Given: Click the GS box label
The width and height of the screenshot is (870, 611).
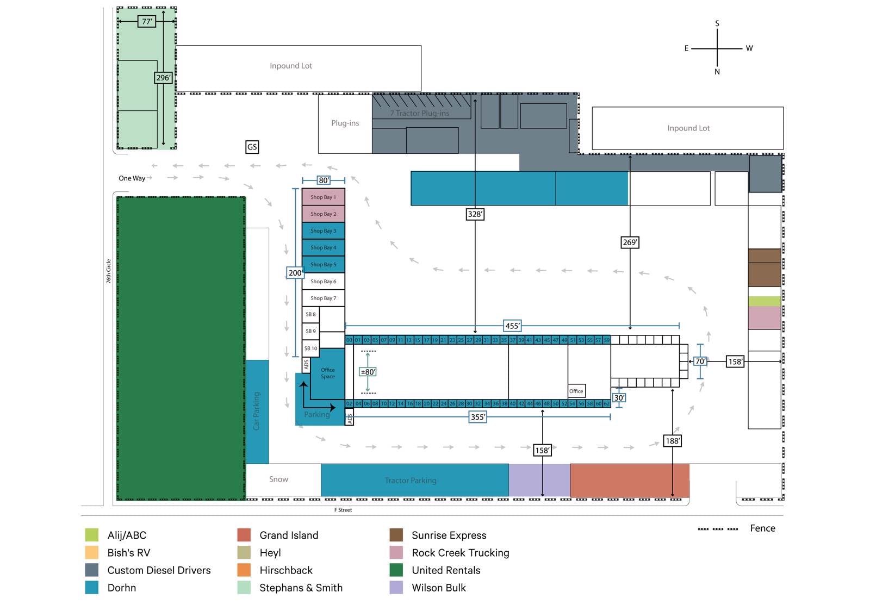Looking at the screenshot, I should pos(252,147).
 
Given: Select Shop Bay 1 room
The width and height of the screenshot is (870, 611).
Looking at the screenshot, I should pos(323,197).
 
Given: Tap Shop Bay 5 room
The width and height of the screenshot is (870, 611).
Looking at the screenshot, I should pos(323,264).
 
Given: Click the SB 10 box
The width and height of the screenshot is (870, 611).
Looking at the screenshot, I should pos(310,348).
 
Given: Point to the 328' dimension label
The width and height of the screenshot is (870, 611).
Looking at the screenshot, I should pos(475,214).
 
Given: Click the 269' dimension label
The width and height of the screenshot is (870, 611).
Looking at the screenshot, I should pos(630,242).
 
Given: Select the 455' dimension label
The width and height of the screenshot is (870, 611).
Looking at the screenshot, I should pos(512,326).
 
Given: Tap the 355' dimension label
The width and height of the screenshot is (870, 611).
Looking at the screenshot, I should pos(477,417).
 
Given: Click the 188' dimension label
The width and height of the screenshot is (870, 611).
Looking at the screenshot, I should pos(672,441).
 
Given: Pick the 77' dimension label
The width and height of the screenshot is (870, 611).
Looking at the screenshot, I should pos(147,22).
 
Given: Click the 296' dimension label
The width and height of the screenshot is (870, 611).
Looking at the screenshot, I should pos(163,78).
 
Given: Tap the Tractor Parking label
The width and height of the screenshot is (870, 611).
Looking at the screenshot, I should pos(411,481).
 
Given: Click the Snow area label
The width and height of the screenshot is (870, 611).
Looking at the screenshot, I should pos(278,479).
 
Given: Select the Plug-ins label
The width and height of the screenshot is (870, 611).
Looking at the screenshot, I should pos(345,123).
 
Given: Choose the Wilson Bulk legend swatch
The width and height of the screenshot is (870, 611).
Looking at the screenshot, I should pos(396,588).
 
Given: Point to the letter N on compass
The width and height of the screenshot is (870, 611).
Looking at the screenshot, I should pos(717,72).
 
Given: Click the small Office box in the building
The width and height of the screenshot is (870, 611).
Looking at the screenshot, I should pos(576,391).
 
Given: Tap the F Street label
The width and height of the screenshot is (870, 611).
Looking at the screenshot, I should pos(343,510).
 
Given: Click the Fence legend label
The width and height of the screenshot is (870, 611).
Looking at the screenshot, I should pos(762,528).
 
